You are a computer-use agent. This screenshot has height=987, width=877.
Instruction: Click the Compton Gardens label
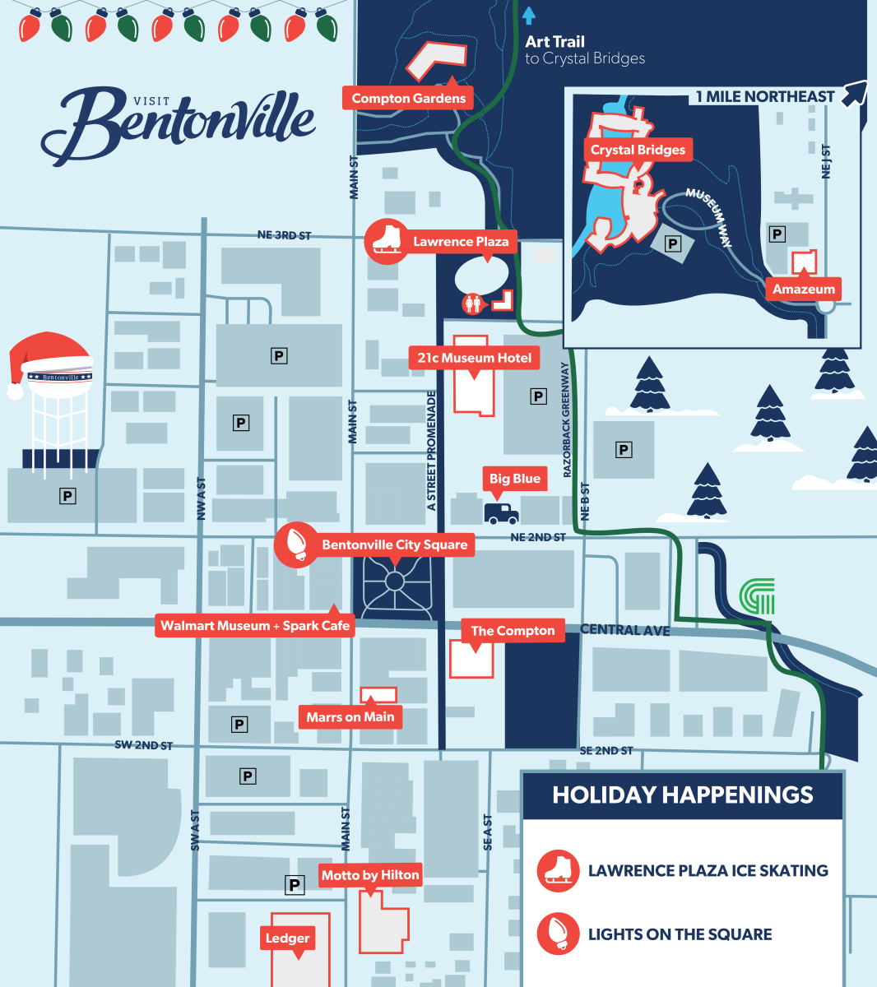click(408, 99)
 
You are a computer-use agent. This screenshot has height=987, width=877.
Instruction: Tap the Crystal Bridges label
click(638, 150)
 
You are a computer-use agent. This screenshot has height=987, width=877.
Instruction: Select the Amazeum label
click(803, 290)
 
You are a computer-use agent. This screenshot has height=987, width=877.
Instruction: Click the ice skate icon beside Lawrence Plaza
click(386, 240)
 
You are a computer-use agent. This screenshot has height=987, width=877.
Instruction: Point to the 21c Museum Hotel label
click(474, 358)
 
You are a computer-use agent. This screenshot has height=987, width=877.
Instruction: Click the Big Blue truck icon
click(501, 513)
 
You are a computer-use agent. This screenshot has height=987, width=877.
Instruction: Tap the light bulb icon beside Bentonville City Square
click(296, 544)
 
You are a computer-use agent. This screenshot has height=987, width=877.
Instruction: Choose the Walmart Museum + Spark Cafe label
click(255, 626)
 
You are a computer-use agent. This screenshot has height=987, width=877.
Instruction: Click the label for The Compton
click(513, 631)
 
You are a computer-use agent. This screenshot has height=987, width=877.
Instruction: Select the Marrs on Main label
click(350, 717)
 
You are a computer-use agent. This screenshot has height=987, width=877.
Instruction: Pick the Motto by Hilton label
click(370, 875)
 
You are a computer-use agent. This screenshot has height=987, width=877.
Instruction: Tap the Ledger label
click(287, 938)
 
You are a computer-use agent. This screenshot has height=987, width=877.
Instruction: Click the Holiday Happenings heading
click(683, 795)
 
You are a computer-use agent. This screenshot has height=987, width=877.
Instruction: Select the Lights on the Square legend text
click(680, 934)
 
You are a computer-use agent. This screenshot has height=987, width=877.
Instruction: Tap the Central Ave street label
click(624, 630)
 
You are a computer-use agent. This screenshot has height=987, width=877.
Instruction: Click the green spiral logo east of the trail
click(758, 596)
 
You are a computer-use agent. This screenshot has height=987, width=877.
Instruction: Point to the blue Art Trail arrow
click(529, 15)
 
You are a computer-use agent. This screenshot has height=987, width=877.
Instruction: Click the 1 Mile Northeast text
click(765, 97)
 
